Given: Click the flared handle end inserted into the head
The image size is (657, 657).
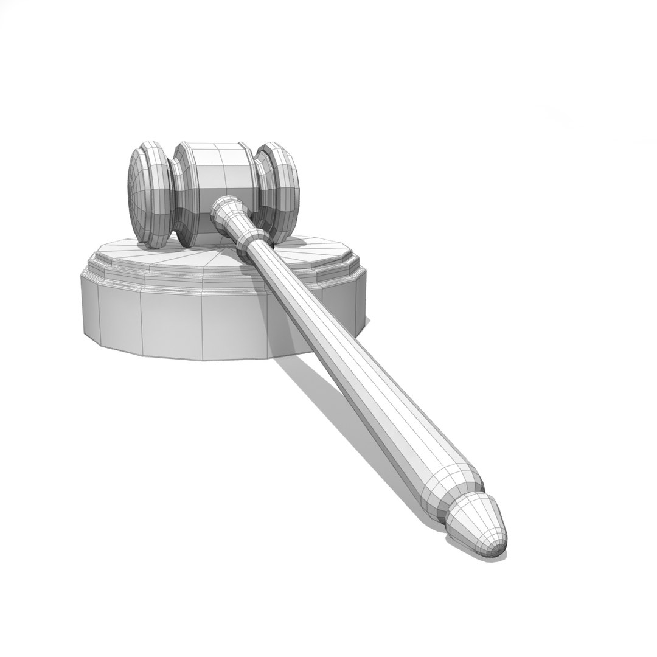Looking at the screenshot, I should (x=226, y=209).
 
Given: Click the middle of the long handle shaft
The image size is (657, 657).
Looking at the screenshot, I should (x=341, y=353).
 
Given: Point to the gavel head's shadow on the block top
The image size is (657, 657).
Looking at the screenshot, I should (x=292, y=243).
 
